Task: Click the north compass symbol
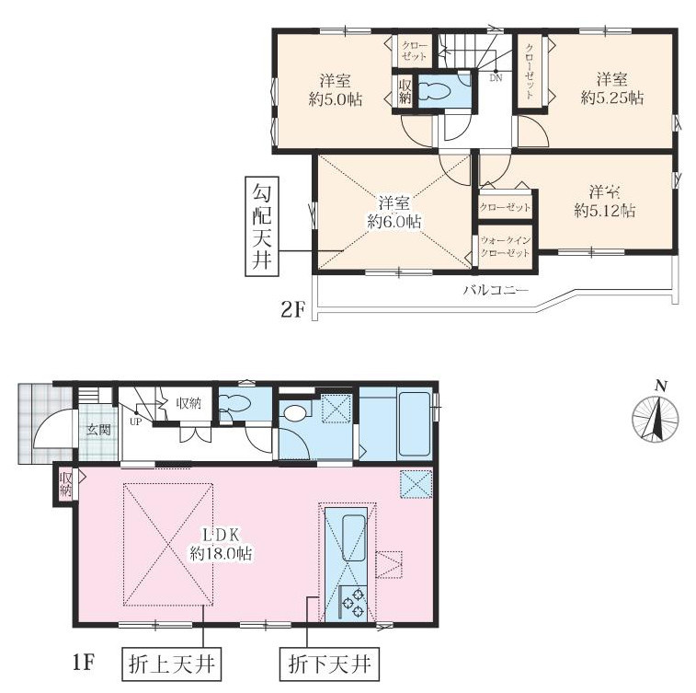656,417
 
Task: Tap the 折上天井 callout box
171,664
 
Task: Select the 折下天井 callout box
329,664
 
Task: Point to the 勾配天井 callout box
262,226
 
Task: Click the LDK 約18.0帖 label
221,545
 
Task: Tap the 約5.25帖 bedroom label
612,89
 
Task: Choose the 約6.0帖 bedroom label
394,213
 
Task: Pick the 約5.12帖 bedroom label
605,202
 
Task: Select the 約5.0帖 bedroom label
336,90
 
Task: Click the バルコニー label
496,291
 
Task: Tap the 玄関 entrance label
98,430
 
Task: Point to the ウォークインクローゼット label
506,247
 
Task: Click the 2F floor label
292,309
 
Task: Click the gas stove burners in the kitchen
354,603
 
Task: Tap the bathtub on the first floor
414,423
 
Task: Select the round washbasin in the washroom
295,413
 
